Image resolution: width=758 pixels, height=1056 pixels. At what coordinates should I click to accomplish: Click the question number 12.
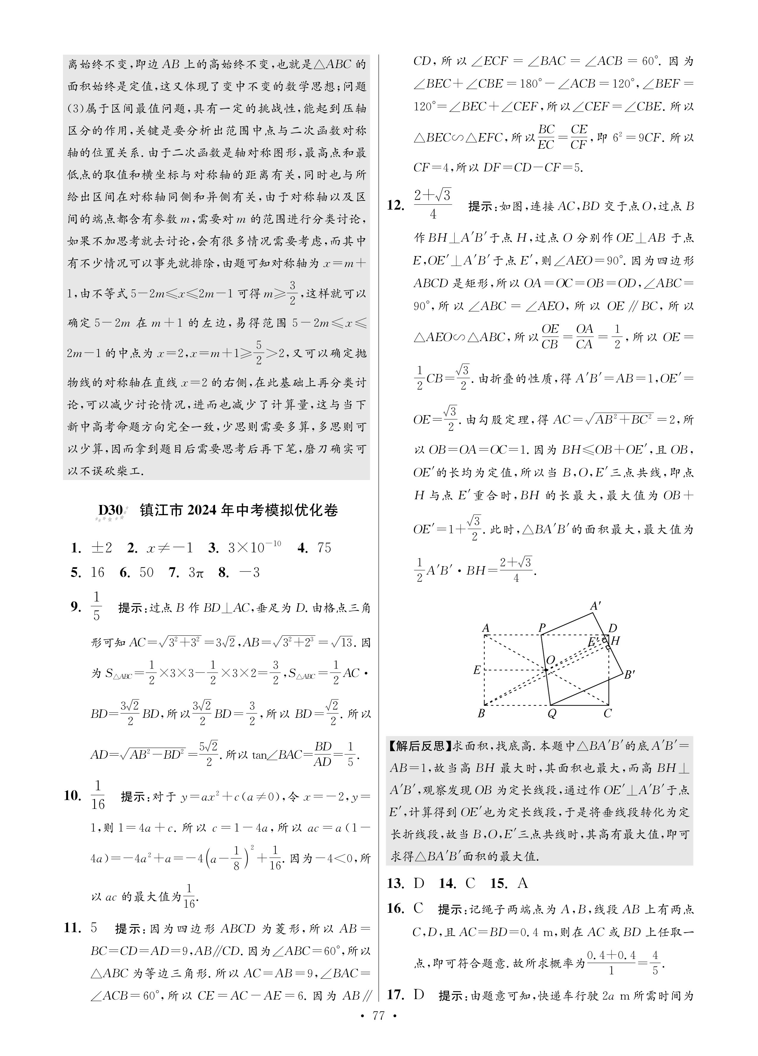(x=395, y=205)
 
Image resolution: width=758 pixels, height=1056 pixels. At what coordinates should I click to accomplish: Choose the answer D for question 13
(x=419, y=883)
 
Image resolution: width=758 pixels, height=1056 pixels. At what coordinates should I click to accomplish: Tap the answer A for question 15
(x=522, y=883)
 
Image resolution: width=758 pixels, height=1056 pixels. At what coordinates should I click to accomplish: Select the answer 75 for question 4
(x=324, y=548)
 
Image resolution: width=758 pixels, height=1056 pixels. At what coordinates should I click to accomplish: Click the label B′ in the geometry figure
(x=630, y=675)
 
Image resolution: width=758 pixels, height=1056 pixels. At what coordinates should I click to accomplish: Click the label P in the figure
(x=542, y=629)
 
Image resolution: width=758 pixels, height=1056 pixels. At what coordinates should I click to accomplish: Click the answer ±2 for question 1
(x=102, y=548)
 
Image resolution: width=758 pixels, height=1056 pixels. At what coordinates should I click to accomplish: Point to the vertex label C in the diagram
(x=608, y=713)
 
